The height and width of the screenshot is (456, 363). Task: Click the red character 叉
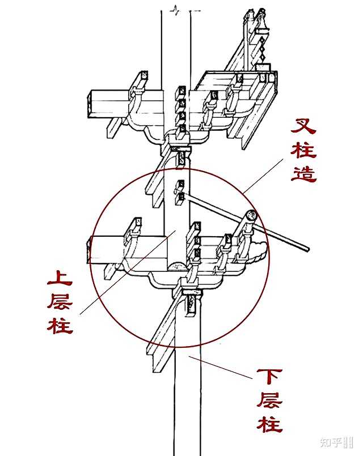pos(303,126)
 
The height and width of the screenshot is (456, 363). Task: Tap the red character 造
pos(304,173)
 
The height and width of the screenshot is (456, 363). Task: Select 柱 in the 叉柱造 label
pos(304,150)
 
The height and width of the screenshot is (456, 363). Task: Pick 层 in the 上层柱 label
pos(60,301)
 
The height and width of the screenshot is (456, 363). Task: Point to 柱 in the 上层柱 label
pos(60,325)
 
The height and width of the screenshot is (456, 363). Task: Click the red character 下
pos(269,377)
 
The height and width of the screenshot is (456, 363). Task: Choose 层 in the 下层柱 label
pos(269,400)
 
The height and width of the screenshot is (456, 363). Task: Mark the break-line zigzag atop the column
pos(175,10)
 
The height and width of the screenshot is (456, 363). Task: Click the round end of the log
pos(251,215)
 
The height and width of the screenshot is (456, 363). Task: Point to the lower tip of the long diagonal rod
pos(307,249)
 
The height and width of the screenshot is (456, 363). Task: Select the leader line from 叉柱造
pos(263,176)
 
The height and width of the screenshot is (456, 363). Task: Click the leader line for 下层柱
pos(221,367)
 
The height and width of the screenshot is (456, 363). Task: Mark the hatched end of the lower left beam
pos(89,250)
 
